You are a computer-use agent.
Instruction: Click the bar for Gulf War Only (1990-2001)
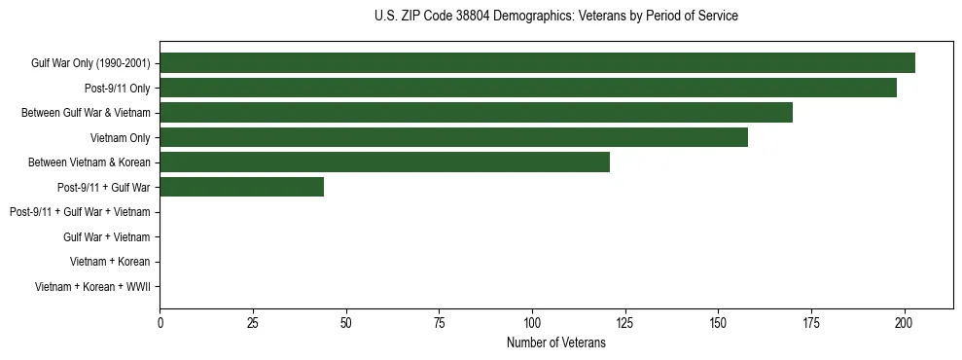(537, 63)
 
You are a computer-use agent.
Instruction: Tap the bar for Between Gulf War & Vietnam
(476, 113)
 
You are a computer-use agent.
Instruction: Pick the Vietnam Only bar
(453, 137)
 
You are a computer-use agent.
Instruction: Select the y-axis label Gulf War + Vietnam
(106, 236)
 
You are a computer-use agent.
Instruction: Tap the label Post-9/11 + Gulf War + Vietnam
(80, 212)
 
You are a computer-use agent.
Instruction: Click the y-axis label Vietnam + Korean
(110, 262)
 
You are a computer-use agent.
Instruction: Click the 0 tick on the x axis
(160, 322)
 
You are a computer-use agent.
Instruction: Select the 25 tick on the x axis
(253, 322)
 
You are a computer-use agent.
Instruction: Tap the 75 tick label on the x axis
(439, 322)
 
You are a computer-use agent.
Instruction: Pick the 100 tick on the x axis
(532, 322)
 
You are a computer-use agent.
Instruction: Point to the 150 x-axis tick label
(718, 322)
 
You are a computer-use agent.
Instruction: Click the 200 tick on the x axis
(905, 322)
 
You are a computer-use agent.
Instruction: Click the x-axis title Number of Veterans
(555, 342)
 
